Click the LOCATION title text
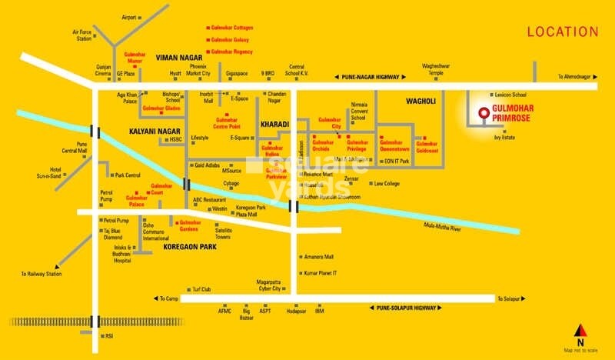pos(562,32)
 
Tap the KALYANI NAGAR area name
pos(154,131)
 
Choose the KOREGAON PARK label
pos(190,248)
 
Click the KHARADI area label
pos(274,124)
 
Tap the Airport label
pos(129,17)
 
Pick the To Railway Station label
pos(42,274)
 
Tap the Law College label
pos(387,184)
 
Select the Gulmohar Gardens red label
pos(184,225)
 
